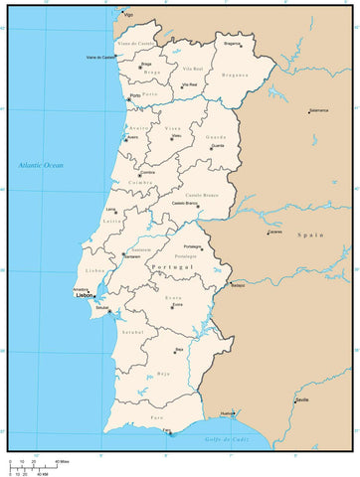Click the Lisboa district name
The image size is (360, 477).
point(95,270)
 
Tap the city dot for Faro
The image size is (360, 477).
point(168,433)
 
